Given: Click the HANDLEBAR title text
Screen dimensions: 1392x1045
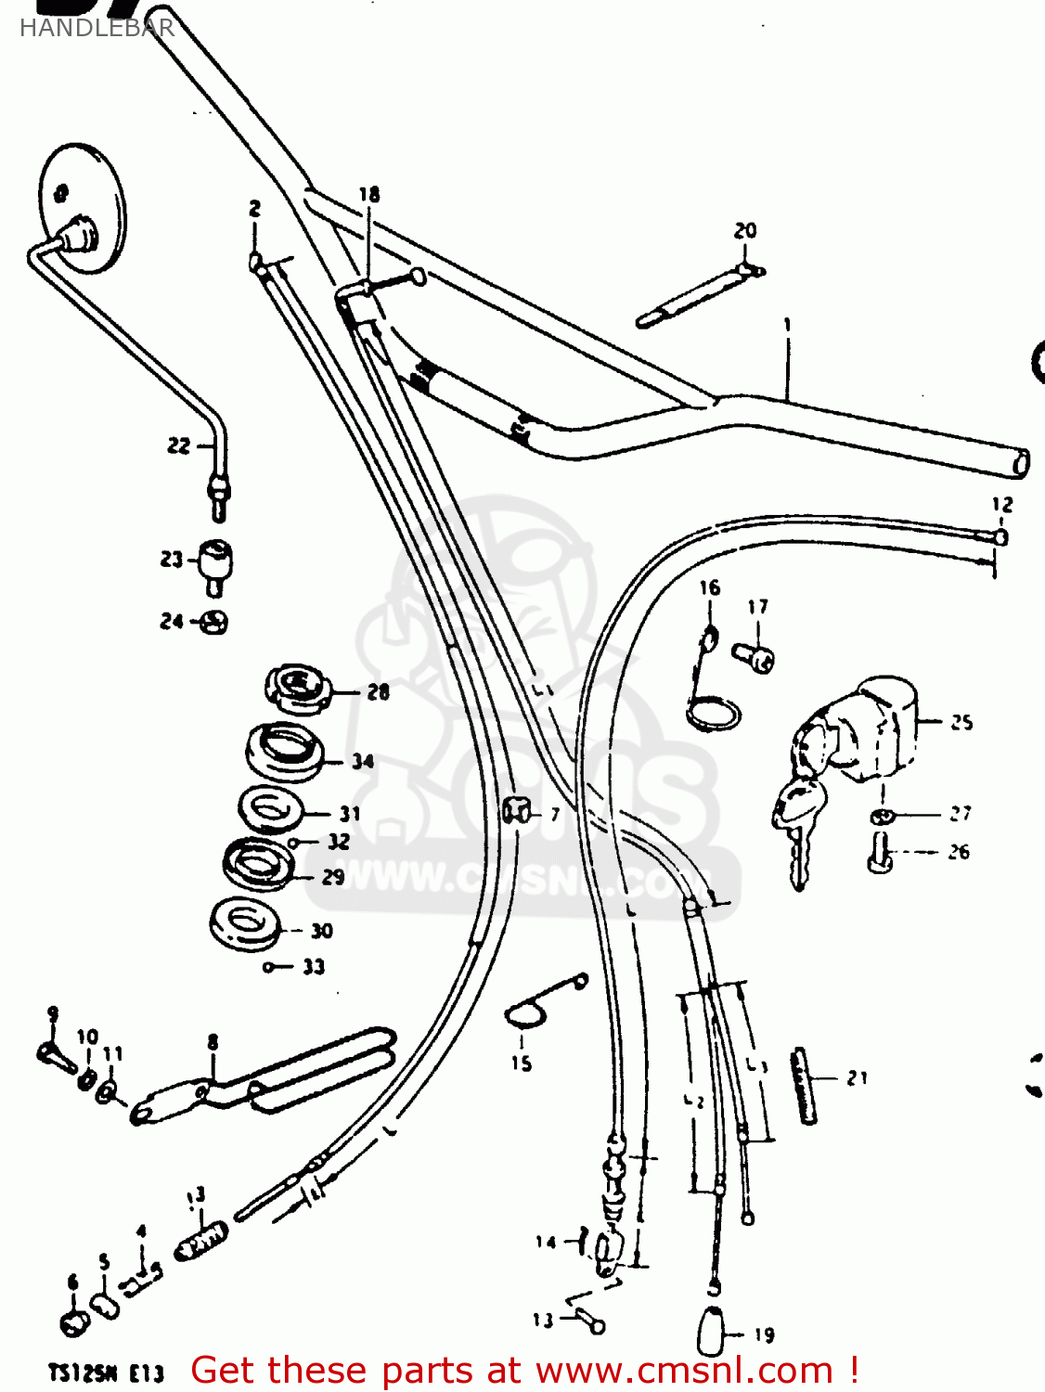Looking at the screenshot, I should coord(97,28).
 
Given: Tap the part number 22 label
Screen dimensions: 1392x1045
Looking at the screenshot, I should coord(178,446).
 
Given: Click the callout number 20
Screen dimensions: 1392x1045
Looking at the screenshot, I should coord(745,230).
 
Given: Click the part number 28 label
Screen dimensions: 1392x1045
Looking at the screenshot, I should coord(378,692).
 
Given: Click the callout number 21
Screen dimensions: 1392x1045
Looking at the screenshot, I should coord(857,1078).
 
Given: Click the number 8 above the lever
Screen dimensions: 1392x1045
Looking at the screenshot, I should coord(213,1042).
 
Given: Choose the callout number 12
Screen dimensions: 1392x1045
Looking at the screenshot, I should coord(1002,506).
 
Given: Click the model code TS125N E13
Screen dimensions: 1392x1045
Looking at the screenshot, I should coord(106,1373).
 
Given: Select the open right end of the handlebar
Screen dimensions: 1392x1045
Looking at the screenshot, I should coord(1021,462).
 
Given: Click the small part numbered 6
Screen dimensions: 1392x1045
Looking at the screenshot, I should coord(74,1321).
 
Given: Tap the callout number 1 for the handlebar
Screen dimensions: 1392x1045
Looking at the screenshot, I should coord(787,325).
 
